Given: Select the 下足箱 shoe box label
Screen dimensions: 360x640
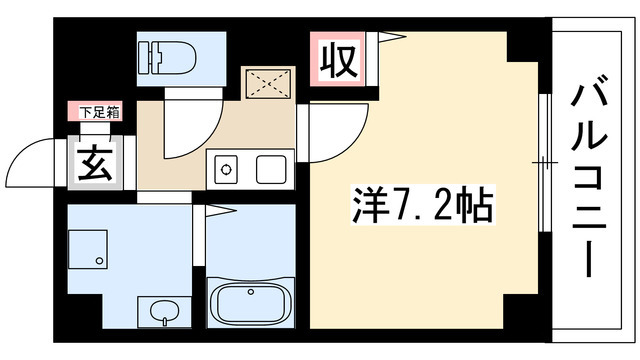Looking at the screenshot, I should click(94, 112).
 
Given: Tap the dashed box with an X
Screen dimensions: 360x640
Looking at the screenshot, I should click(271, 81).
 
